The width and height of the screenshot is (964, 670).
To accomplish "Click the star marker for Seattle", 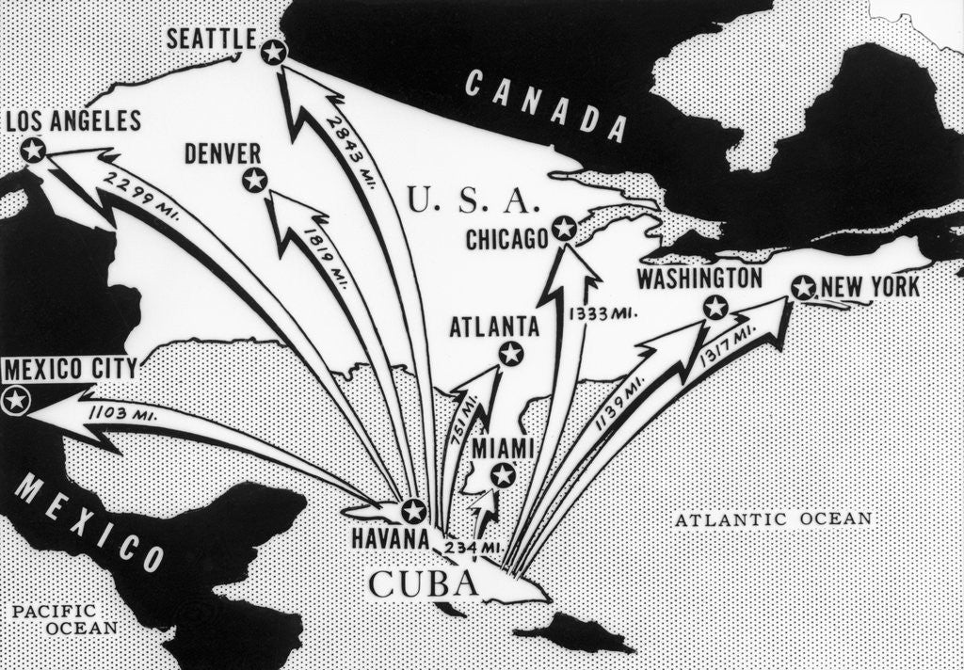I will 274,52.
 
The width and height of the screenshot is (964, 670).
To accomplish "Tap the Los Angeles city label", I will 73,120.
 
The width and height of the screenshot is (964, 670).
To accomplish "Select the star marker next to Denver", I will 255,180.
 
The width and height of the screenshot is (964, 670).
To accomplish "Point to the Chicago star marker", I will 563,228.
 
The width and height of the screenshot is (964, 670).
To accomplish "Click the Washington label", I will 699,279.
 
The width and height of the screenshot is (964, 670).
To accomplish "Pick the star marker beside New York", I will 803,287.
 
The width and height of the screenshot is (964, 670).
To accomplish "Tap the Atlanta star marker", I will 510,354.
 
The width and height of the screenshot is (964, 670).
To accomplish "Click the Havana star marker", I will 413,511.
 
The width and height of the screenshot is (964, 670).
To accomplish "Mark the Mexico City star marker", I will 15,401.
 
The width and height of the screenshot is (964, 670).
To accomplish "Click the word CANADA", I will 546,106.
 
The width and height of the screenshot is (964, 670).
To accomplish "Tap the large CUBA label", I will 422,583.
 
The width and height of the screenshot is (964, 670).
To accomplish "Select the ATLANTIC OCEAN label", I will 774,518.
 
